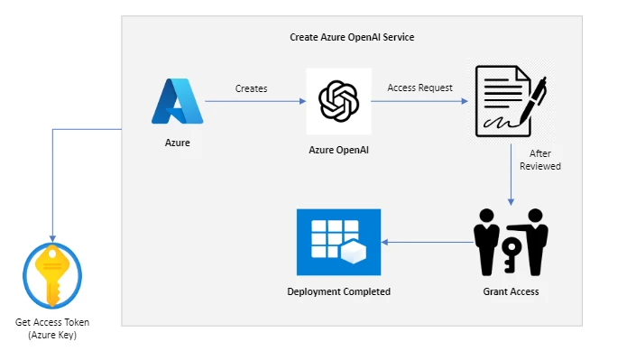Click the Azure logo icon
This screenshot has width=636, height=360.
178,101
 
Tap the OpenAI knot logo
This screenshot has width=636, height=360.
338,101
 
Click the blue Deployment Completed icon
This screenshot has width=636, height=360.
338,242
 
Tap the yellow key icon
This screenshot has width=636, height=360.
52,276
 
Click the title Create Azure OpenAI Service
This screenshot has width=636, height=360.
352,37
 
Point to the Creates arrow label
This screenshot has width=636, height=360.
251,88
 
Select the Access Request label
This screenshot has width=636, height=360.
419,88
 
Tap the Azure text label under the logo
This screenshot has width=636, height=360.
178,143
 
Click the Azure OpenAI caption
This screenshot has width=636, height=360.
338,150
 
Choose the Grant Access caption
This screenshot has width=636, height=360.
512,291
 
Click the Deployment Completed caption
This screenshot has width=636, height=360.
338,291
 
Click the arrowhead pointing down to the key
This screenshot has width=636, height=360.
52,237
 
